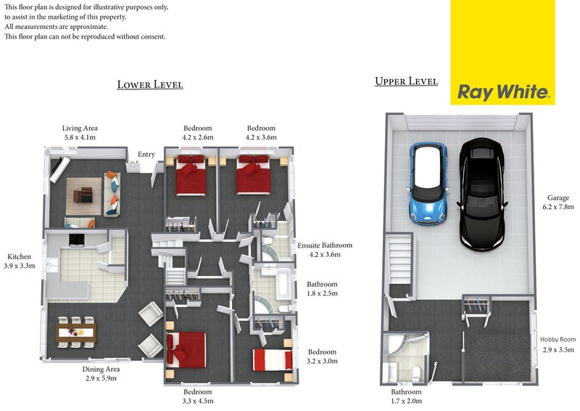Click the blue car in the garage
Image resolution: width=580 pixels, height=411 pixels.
coord(428,183)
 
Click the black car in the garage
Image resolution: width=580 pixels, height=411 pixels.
coord(481,194)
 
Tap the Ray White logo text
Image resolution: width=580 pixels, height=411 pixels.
coord(503,91)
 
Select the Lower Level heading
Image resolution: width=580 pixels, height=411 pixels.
coord(150,85)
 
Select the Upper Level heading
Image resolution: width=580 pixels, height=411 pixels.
coord(406,81)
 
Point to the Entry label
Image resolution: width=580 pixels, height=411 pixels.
coord(146,155)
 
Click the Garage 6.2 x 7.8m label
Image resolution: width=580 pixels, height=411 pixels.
coord(558,203)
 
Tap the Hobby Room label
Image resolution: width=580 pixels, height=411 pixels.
coord(558,339)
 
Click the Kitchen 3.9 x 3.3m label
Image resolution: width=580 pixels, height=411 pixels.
coord(20,261)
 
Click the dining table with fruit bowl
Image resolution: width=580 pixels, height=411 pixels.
coord(76,333)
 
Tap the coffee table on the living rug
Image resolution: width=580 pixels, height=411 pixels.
coord(83,195)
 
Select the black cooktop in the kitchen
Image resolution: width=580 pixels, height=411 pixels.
coord(77,240)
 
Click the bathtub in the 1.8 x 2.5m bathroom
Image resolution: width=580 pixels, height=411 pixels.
coord(283,285)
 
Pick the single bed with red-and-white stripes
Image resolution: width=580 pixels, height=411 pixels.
coord(273,360)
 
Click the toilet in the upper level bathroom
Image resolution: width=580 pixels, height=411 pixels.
coord(416,373)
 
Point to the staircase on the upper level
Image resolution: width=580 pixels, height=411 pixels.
coord(400,261)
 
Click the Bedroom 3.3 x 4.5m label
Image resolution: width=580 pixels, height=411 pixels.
coord(197,396)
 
